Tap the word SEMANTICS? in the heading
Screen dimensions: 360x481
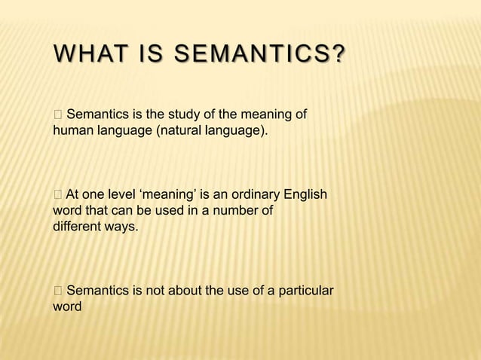(x=260, y=56)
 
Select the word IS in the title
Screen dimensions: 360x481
(x=149, y=56)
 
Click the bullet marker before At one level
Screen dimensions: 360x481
(x=58, y=195)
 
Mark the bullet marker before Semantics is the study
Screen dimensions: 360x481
(x=58, y=115)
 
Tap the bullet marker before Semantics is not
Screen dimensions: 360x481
(x=58, y=291)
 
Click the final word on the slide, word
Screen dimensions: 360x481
(x=67, y=307)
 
